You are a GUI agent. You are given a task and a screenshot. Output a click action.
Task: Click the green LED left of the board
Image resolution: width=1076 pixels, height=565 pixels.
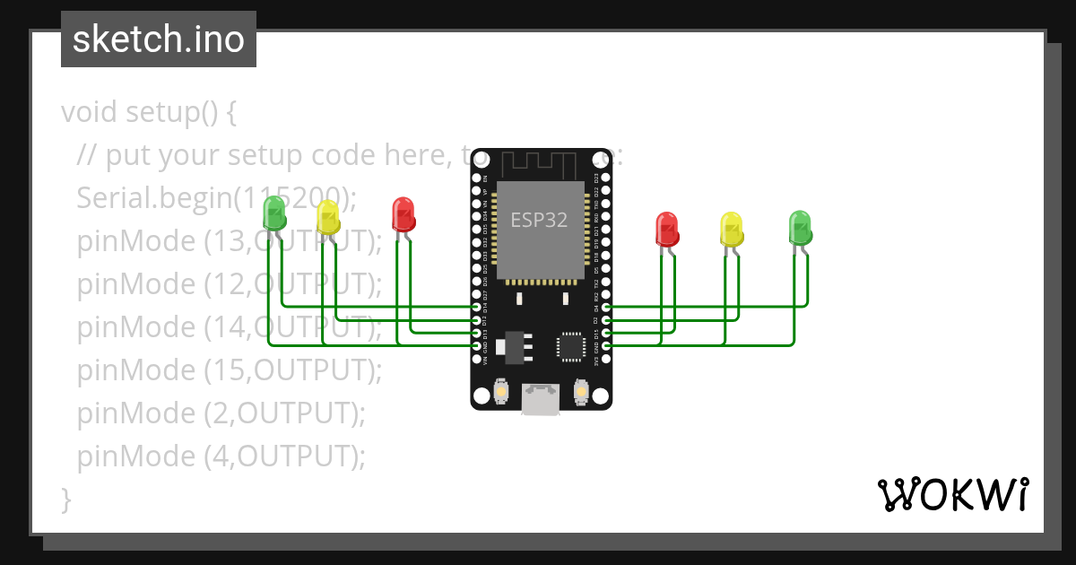(x=274, y=213)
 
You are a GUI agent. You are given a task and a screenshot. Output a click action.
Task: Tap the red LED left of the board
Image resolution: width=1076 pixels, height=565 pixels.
(x=403, y=213)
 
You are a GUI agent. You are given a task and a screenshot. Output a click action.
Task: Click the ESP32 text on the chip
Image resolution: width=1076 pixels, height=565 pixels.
(x=539, y=220)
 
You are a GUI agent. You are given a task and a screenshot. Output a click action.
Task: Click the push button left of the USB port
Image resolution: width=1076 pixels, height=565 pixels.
(x=501, y=393)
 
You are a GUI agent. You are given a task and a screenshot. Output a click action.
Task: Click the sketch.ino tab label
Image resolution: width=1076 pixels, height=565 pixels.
(x=159, y=39)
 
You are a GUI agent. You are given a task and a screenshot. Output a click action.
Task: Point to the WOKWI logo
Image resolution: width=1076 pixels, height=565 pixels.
(x=951, y=494)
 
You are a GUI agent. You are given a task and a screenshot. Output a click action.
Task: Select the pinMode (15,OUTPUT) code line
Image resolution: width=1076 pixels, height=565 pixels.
(x=230, y=369)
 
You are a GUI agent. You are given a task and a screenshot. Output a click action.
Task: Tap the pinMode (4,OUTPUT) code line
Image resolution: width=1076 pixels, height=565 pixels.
(x=221, y=456)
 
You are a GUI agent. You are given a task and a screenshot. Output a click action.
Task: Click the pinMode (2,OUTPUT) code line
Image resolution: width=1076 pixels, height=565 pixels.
(x=221, y=413)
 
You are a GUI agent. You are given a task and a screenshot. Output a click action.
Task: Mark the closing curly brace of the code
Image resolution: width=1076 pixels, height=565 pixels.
(x=65, y=498)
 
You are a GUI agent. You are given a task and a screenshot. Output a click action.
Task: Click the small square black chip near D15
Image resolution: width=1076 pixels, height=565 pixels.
(x=570, y=345)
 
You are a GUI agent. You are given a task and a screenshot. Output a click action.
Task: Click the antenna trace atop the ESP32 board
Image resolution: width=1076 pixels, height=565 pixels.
(x=538, y=165)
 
